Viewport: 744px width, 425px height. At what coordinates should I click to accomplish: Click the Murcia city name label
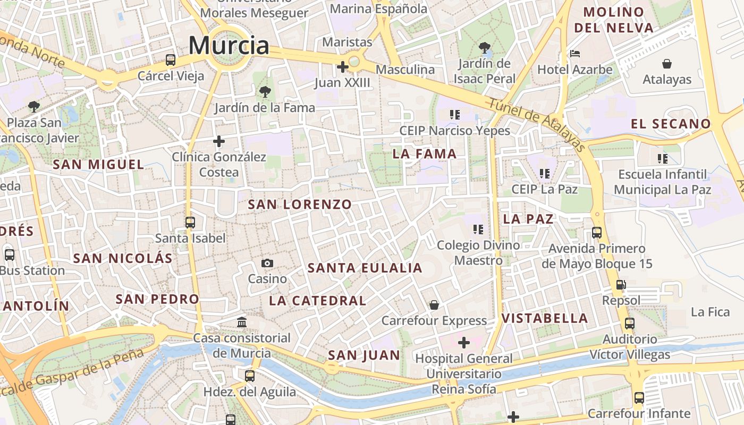tap(229, 45)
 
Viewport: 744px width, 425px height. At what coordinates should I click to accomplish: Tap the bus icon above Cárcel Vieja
tap(171, 60)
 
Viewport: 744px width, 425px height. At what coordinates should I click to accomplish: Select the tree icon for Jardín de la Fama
tap(265, 92)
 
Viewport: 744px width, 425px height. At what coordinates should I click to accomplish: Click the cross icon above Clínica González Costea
tap(218, 141)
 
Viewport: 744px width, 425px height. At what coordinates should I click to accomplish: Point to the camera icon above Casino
tap(267, 263)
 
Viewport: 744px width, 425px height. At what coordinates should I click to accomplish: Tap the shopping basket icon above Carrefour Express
tap(434, 305)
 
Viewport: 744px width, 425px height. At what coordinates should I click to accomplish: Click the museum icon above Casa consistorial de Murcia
tap(242, 322)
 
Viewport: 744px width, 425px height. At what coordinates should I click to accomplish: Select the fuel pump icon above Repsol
tap(621, 285)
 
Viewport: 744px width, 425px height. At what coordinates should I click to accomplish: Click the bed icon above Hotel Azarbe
tap(575, 54)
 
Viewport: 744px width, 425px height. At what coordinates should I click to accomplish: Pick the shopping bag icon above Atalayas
tap(667, 64)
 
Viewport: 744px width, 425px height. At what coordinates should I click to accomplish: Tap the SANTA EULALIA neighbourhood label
tap(365, 268)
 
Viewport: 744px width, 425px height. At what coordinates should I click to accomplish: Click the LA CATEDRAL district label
tap(317, 301)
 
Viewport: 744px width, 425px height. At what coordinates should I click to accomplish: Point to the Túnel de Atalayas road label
tap(536, 125)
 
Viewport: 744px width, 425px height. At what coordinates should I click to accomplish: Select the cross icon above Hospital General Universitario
tap(464, 343)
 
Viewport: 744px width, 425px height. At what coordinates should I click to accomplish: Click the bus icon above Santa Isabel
tap(190, 223)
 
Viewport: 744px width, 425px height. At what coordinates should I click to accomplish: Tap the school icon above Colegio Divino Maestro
tap(478, 229)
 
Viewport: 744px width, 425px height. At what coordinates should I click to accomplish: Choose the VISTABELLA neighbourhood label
tap(545, 318)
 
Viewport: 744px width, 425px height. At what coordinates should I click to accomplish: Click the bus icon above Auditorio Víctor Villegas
tap(630, 323)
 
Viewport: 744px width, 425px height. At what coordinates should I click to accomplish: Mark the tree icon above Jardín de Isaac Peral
tap(484, 48)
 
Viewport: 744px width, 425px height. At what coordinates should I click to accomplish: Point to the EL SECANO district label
tap(671, 124)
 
